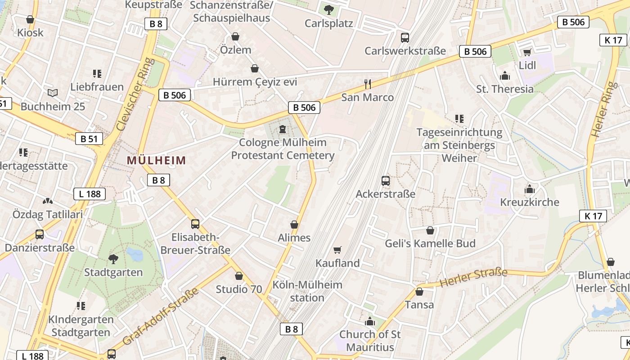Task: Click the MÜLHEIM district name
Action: pos(156,160)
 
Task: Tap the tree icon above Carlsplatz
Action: pos(329,9)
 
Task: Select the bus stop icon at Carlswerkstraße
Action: pos(405,37)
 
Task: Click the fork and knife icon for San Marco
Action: pos(368,84)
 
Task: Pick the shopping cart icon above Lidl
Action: pos(527,52)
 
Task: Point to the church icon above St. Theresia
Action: pos(505,76)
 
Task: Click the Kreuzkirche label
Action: pos(530,202)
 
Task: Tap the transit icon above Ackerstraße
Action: pos(386,181)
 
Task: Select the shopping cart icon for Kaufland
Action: pos(337,250)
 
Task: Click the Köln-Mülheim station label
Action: pos(307,291)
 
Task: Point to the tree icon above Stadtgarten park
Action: pos(113,259)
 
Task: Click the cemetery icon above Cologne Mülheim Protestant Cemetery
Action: pos(283,129)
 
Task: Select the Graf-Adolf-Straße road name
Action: pos(160,316)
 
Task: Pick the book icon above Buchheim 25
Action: pos(53,93)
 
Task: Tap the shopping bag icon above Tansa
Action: pos(419,292)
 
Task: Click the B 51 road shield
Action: pos(89,139)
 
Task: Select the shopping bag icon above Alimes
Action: pos(294,225)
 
